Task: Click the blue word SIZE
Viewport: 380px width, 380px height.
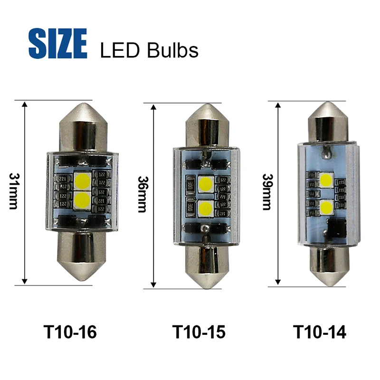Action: (x=57, y=43)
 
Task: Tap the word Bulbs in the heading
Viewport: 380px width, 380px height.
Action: (x=172, y=50)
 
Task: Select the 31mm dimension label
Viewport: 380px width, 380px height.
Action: (x=13, y=191)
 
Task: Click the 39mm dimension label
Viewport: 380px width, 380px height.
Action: (x=267, y=192)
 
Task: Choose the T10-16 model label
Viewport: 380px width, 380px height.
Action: (x=70, y=332)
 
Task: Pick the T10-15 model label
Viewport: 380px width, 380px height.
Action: (x=199, y=332)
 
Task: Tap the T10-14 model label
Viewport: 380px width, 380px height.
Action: (x=320, y=332)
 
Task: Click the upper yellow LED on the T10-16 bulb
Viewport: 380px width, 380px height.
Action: (x=83, y=181)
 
